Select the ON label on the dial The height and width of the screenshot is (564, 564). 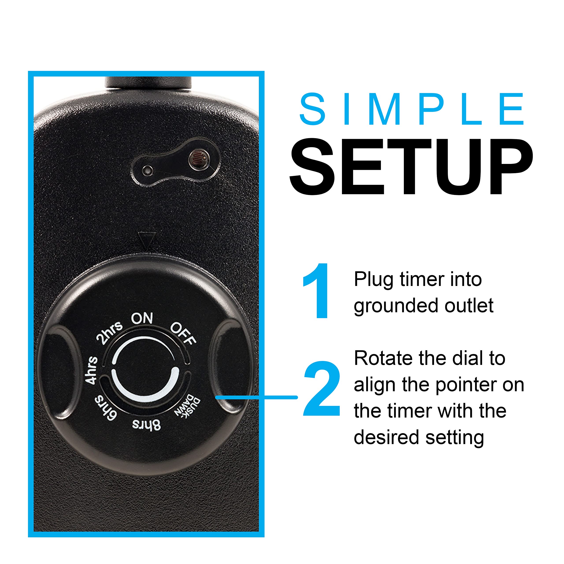pyautogui.click(x=142, y=318)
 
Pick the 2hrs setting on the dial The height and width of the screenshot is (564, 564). pyautogui.click(x=109, y=333)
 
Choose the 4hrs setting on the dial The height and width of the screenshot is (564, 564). pyautogui.click(x=91, y=370)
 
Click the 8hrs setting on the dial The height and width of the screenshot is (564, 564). pyautogui.click(x=146, y=425)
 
